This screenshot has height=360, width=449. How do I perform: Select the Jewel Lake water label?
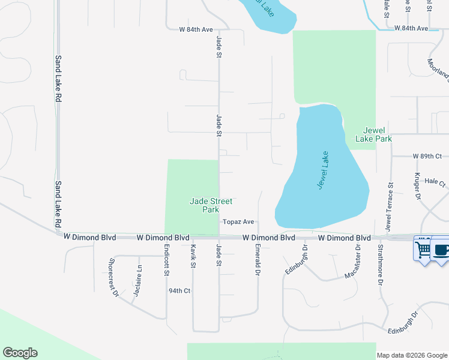tap(324, 171)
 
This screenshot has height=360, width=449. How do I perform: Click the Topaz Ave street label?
tap(239, 221)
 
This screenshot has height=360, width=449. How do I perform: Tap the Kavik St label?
tap(193, 256)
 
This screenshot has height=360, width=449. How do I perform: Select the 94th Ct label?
tap(179, 291)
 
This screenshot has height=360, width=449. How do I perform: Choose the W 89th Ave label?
tap(427, 156)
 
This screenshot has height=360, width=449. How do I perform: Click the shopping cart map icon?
tap(423, 248)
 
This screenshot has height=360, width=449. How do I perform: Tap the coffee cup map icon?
tap(441, 248)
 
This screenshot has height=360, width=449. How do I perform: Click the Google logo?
tap(20, 353)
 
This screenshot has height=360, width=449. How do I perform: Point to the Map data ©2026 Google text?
tap(412, 355)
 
